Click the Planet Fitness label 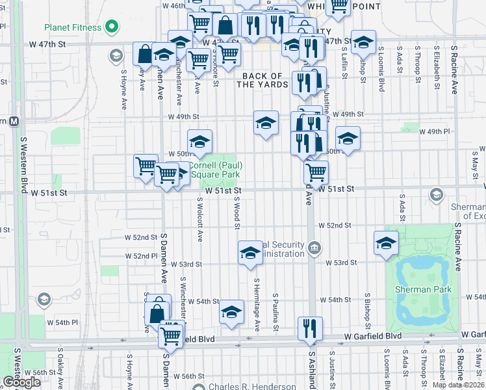point(73,28)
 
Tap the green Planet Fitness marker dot point(112,28)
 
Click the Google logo point(21,383)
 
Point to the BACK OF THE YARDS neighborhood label point(264,81)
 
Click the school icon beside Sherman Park point(386,242)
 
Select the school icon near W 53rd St point(249,253)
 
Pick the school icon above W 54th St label point(231,312)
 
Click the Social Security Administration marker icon point(314,247)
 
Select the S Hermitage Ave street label point(257,304)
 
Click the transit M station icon point(13,121)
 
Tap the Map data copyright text point(458,385)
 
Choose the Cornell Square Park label point(215,170)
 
